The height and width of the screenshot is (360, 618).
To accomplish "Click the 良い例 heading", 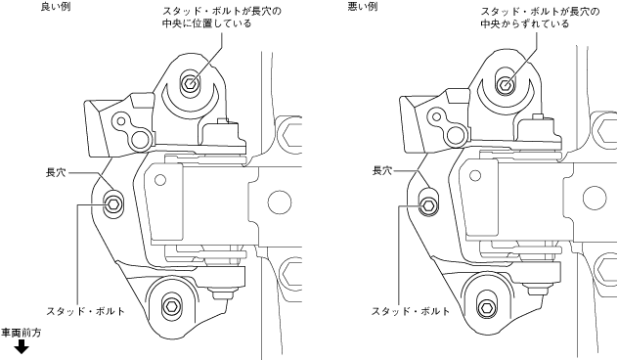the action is [56, 7].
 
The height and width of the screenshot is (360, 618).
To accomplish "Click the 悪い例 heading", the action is [363, 7].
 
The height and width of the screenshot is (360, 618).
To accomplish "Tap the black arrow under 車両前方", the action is [22, 347].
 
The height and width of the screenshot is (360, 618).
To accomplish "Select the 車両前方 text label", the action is [21, 333].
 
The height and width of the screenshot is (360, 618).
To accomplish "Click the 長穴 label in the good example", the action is [56, 172].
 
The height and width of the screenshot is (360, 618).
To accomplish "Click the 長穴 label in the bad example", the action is [382, 171].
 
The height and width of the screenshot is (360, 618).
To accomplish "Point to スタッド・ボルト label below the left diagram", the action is [85, 311].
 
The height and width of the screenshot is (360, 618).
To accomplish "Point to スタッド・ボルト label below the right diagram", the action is [411, 311].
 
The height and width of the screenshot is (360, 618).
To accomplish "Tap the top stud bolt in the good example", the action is [191, 83].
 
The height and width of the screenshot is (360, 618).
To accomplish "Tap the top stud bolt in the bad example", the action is [505, 84].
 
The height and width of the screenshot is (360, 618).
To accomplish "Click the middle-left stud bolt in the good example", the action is [113, 203].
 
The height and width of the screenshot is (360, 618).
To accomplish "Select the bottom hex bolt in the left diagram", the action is [171, 305].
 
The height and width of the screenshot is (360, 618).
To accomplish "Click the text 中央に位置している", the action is [206, 23].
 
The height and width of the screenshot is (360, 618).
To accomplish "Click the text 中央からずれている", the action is [524, 23].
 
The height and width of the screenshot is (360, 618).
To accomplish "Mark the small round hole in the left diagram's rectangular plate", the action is [160, 180].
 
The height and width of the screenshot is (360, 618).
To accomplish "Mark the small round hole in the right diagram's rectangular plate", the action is [475, 176].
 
